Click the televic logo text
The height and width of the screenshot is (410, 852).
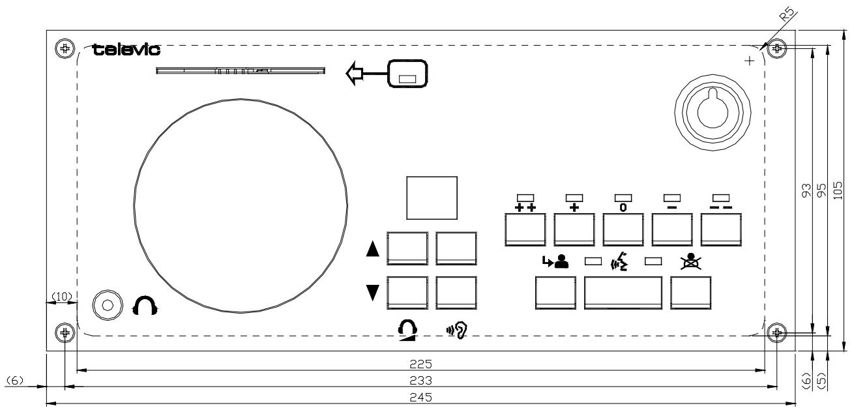pos(128,50)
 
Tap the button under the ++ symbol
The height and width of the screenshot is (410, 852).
pos(525,227)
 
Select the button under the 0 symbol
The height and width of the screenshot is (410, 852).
pos(623,227)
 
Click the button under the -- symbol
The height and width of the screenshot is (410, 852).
pos(721,227)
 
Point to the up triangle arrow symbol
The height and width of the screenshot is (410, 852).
pos(373,250)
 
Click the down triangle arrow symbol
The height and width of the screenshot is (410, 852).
pos(373,293)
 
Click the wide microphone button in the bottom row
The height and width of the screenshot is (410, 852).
pos(623,292)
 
